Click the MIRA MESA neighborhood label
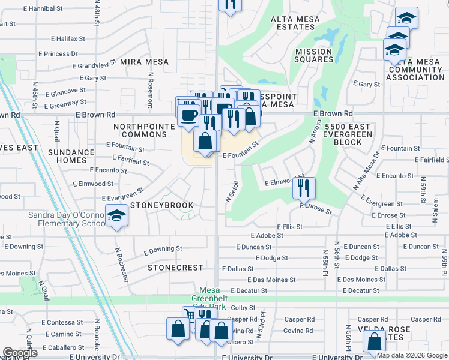[144, 62]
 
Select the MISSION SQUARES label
[314, 56]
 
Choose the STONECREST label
[171, 267]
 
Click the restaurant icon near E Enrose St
[304, 188]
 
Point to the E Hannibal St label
[43, 9]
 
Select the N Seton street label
[229, 191]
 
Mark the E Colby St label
[243, 307]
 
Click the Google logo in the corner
[20, 353]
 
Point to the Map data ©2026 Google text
[412, 355]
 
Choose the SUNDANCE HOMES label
[71, 156]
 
